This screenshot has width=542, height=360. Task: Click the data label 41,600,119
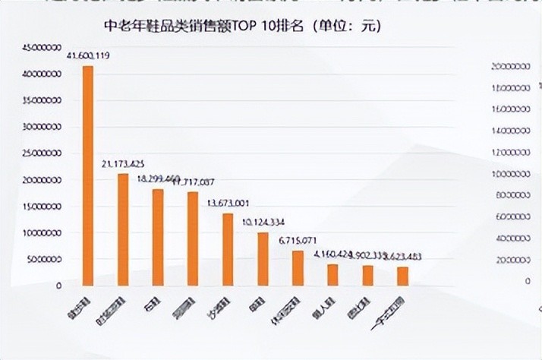(90, 56)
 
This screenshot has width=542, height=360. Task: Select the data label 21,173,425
(124, 164)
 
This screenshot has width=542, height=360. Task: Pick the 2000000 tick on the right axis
(512, 261)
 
